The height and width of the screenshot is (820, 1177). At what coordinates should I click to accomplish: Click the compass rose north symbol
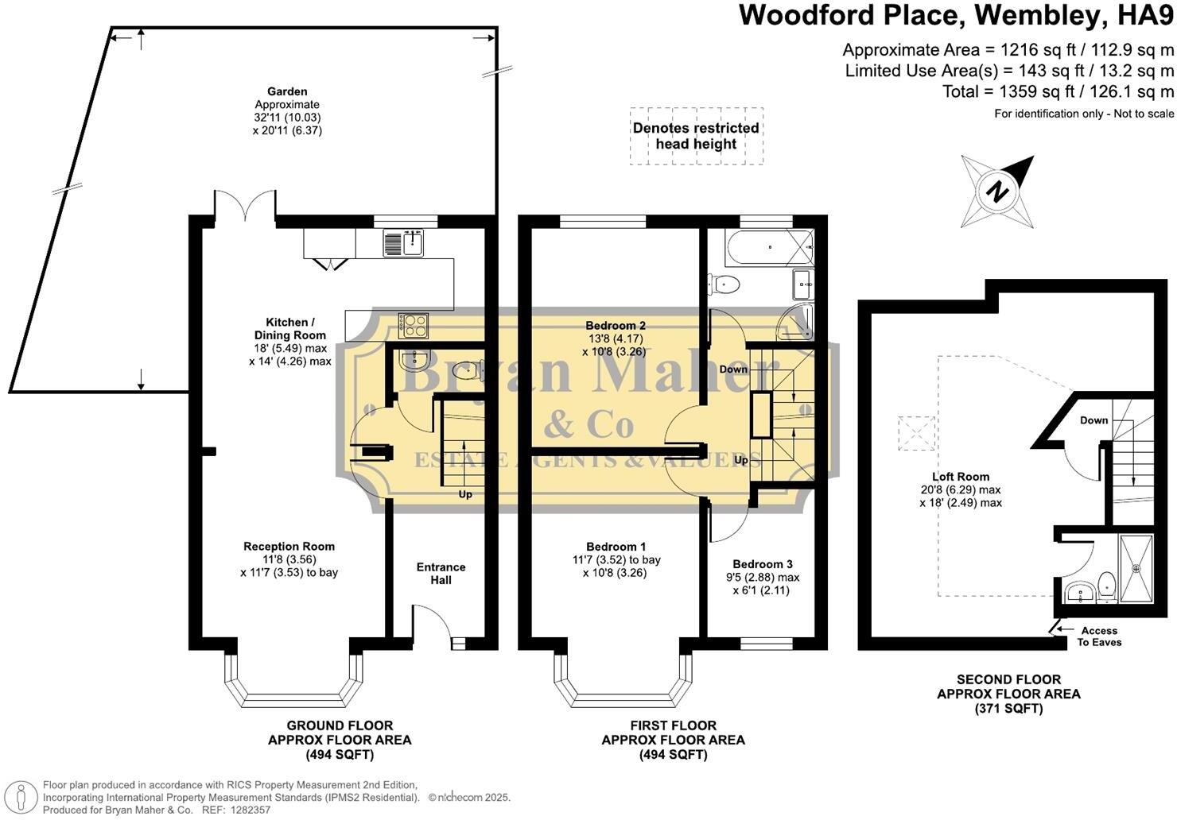click(x=997, y=191)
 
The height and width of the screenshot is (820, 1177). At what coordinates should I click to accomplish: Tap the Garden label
click(x=287, y=91)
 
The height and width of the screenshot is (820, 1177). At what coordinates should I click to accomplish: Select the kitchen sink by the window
click(x=404, y=242)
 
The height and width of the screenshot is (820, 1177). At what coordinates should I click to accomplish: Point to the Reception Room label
click(x=289, y=547)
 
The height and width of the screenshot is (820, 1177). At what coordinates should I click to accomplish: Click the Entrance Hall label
click(x=441, y=574)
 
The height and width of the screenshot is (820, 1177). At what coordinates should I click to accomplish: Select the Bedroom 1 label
click(x=616, y=547)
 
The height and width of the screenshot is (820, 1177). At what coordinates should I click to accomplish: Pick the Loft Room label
click(x=961, y=477)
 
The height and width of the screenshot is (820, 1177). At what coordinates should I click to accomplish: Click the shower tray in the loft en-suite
click(x=1135, y=567)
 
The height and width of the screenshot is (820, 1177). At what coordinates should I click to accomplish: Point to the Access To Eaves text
click(x=1099, y=636)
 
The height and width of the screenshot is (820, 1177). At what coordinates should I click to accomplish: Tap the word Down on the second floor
click(x=1093, y=420)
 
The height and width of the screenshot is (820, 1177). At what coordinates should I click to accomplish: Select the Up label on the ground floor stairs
click(x=465, y=494)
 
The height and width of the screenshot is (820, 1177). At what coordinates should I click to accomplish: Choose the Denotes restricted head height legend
click(x=696, y=136)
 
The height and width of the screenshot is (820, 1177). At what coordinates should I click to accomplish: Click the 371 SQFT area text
click(x=1008, y=709)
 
